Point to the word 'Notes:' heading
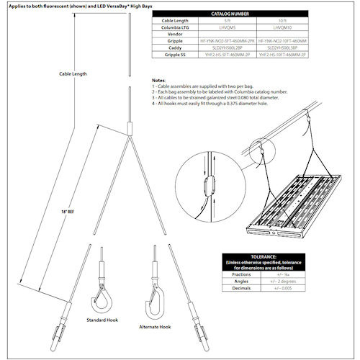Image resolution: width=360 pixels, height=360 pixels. click(158, 81)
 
